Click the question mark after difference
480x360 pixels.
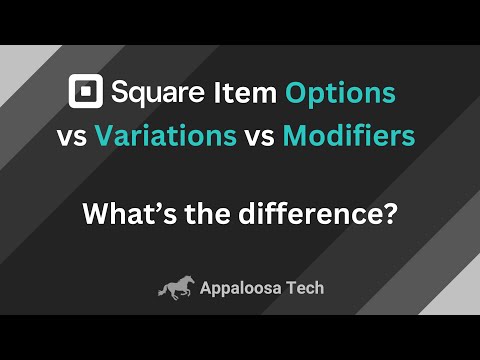click(388, 213)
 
